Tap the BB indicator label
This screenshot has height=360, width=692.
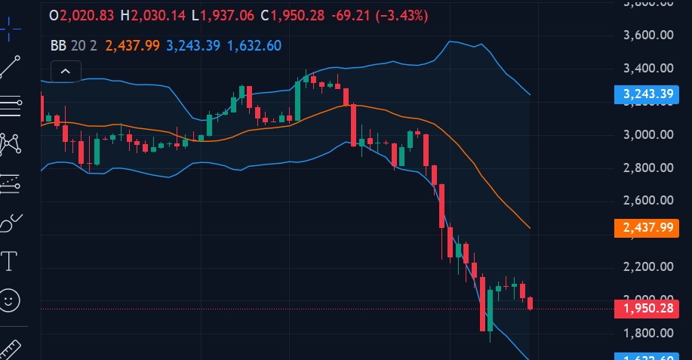coord(58,45)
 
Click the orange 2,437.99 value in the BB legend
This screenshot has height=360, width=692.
coord(132,45)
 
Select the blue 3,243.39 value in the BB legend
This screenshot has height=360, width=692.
coord(193,45)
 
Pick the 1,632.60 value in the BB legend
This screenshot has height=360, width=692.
coord(254,45)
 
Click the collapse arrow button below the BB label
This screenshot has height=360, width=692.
coord(65,72)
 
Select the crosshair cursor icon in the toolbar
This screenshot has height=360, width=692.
coord(11,30)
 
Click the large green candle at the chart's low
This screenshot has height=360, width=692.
coord(490,309)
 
